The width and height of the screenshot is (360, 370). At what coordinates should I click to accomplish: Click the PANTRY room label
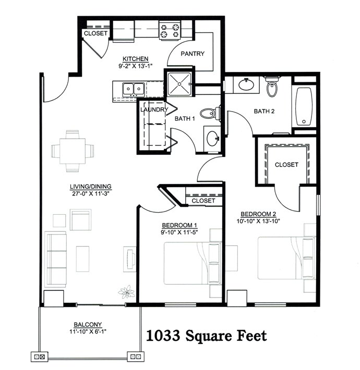(x=193, y=54)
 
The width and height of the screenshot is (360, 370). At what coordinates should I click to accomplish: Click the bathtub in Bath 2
(x=303, y=106)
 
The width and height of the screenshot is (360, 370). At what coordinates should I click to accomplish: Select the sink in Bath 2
(x=245, y=84)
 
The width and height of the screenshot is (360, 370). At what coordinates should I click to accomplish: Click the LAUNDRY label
(x=154, y=110)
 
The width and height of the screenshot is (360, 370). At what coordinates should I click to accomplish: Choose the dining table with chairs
(x=73, y=151)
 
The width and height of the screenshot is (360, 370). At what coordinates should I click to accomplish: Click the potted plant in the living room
(x=125, y=292)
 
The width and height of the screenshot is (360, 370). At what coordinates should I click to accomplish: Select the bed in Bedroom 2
(x=282, y=258)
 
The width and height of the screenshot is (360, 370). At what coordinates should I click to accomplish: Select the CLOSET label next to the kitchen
(x=95, y=33)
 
